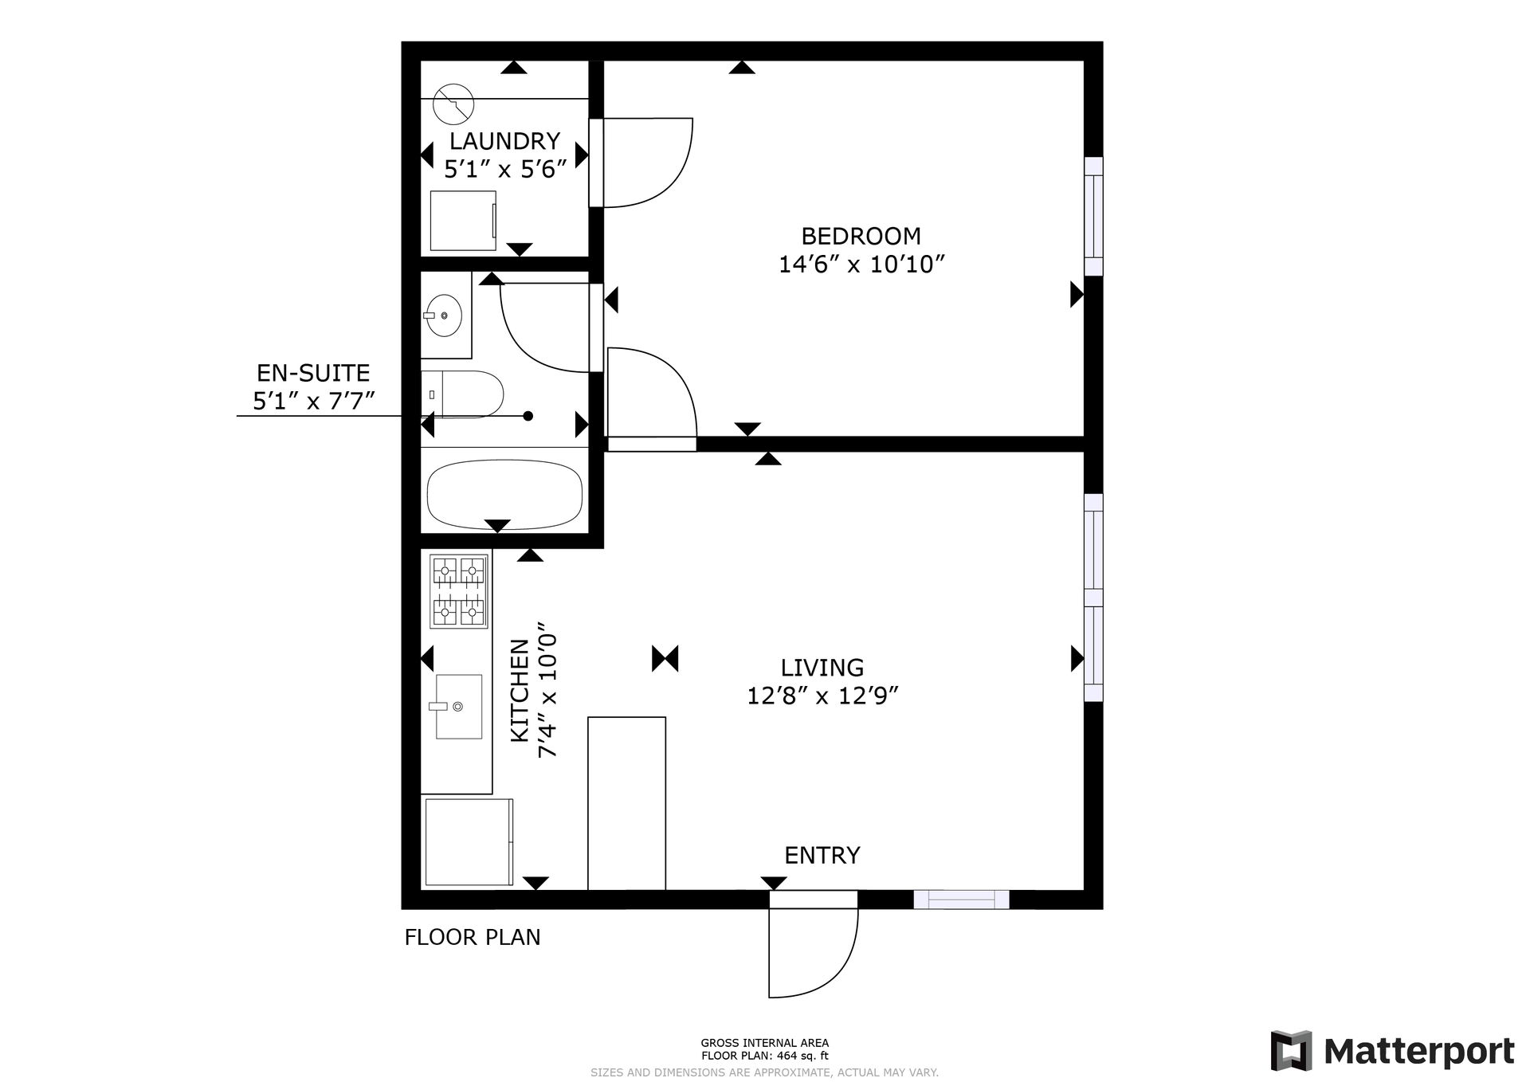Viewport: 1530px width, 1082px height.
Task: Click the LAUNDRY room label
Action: [x=504, y=141]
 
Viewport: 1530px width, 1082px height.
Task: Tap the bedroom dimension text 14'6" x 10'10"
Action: [x=861, y=264]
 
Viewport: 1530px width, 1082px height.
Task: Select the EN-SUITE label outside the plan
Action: [x=313, y=373]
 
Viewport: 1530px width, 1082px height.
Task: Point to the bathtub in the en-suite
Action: [x=504, y=495]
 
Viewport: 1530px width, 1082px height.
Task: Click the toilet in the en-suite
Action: [x=462, y=394]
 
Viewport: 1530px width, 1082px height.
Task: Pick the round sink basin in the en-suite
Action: [x=444, y=316]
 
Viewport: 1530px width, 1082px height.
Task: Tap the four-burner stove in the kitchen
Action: [x=459, y=591]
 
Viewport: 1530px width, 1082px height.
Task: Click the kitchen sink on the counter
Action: [x=459, y=707]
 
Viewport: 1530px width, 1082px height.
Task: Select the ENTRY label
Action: [x=822, y=855]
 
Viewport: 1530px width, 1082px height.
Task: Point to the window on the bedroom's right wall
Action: [x=1093, y=217]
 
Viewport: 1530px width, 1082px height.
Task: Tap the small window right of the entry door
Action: [x=961, y=900]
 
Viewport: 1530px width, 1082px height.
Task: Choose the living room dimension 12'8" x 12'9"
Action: [x=822, y=696]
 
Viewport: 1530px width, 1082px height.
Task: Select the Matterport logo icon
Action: [x=1292, y=1052]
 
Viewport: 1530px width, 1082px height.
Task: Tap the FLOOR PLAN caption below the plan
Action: [x=473, y=937]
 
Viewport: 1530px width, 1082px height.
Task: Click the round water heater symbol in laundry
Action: [x=453, y=104]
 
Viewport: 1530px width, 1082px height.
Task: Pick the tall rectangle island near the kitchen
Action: [x=626, y=803]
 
